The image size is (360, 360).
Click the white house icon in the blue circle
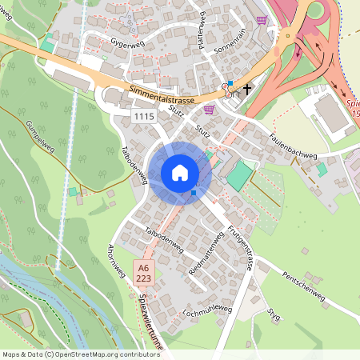(180, 172)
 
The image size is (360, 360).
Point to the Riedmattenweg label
(204, 255)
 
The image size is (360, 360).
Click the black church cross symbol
(248, 90)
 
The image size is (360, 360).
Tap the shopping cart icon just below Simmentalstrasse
(210, 110)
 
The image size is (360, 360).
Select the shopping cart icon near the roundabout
(262, 19)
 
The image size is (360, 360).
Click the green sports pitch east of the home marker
(238, 176)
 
